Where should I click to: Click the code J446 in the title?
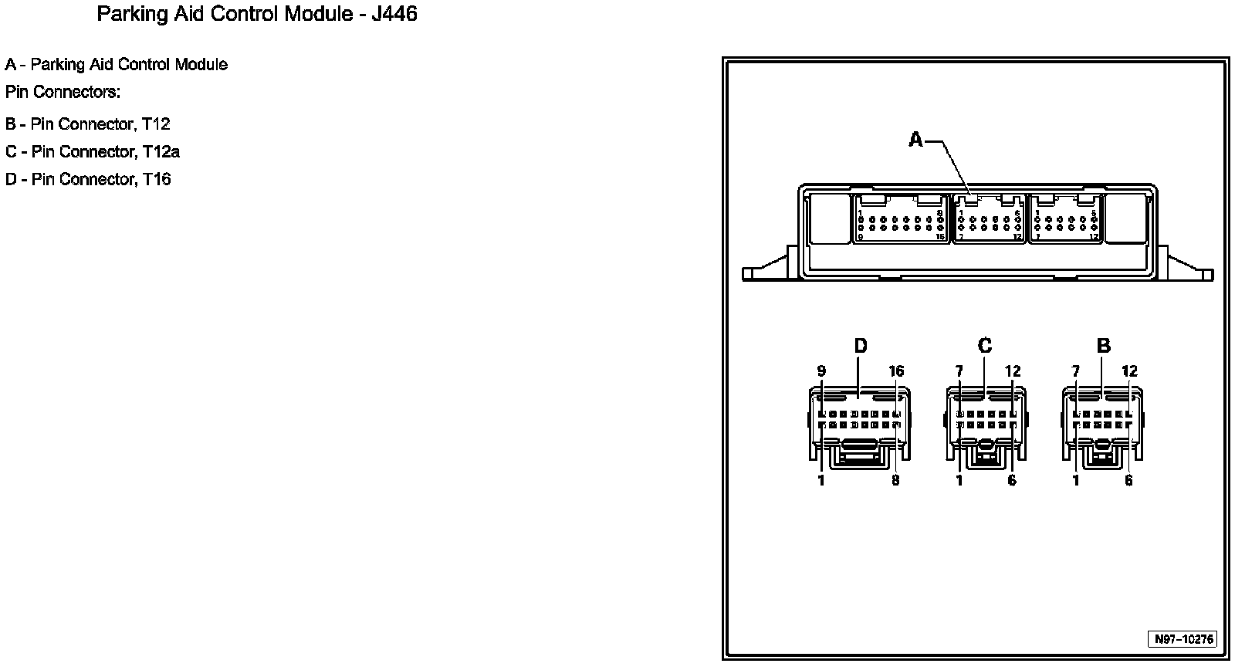click(394, 15)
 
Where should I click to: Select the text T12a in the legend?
click(161, 152)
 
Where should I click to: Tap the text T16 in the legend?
click(156, 180)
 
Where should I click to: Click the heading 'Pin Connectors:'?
click(63, 93)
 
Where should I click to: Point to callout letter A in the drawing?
click(915, 140)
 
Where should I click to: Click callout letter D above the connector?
click(861, 346)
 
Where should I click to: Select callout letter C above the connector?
click(984, 346)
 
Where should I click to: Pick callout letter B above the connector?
click(1103, 346)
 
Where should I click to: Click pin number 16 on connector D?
click(895, 371)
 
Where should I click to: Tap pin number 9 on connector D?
click(821, 371)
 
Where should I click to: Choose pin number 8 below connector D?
click(895, 480)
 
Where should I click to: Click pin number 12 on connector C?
click(1013, 371)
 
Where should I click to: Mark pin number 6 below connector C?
click(1012, 480)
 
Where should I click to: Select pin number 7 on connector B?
click(1075, 371)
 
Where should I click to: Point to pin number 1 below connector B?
click(1075, 480)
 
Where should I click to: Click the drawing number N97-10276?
click(1184, 639)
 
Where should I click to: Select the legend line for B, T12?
click(87, 124)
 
